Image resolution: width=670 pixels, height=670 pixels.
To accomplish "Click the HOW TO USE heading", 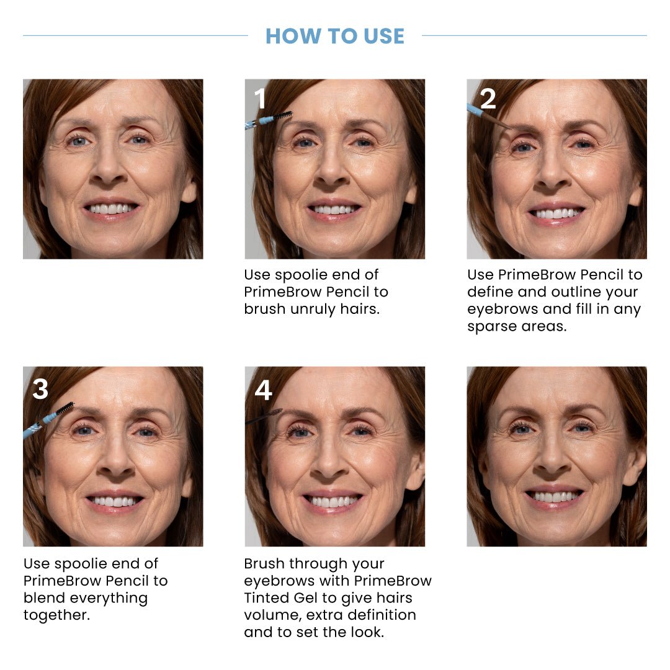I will point(335,36).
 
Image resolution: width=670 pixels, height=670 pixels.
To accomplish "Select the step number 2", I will point(488,99).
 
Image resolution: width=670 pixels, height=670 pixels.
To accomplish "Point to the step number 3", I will point(40,390).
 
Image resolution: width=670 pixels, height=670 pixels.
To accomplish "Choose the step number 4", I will point(263,390).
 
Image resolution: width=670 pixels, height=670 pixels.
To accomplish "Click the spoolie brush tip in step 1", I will point(283,115).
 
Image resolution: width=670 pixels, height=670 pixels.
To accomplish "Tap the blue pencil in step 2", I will point(475,110).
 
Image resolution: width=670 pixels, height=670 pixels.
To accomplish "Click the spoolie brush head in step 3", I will point(65,409).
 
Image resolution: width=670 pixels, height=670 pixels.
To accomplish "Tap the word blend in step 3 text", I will point(45,598).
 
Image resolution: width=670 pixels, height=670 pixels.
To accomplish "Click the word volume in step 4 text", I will point(270,615).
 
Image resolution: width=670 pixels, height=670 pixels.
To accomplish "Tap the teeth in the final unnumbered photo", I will point(555,497).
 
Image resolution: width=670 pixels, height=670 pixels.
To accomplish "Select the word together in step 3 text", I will point(56,615).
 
